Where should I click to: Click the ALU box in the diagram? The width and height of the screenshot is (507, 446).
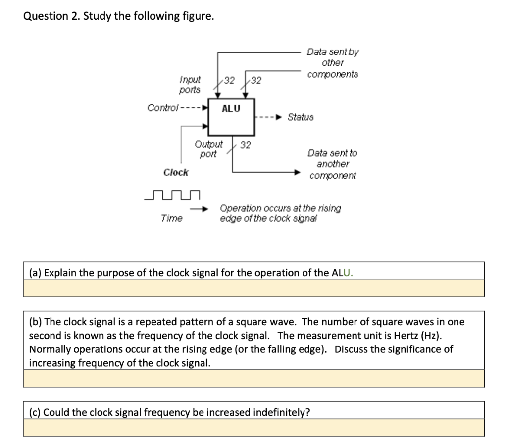[231, 117]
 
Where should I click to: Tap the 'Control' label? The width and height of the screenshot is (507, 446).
[162, 108]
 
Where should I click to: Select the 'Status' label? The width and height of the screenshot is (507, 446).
[301, 117]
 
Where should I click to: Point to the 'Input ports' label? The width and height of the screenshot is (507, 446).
[190, 85]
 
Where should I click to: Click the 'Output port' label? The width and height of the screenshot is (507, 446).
[208, 149]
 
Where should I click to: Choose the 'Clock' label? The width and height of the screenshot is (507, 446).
[176, 172]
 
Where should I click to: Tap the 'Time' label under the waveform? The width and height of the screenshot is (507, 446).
[171, 218]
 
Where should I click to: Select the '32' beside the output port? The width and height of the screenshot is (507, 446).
[245, 145]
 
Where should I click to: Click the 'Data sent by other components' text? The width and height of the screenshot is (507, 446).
[333, 63]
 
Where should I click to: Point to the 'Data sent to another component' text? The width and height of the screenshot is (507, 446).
[332, 164]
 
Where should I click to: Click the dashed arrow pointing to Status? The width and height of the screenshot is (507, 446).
[270, 117]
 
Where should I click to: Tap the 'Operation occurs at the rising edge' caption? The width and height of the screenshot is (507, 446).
[280, 213]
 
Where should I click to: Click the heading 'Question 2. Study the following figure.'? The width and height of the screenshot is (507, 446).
[119, 16]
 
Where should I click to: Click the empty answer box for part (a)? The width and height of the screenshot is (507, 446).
[253, 288]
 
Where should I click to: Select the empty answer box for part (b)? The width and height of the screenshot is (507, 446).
[253, 378]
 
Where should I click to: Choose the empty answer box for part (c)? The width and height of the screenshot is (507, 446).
[253, 428]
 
